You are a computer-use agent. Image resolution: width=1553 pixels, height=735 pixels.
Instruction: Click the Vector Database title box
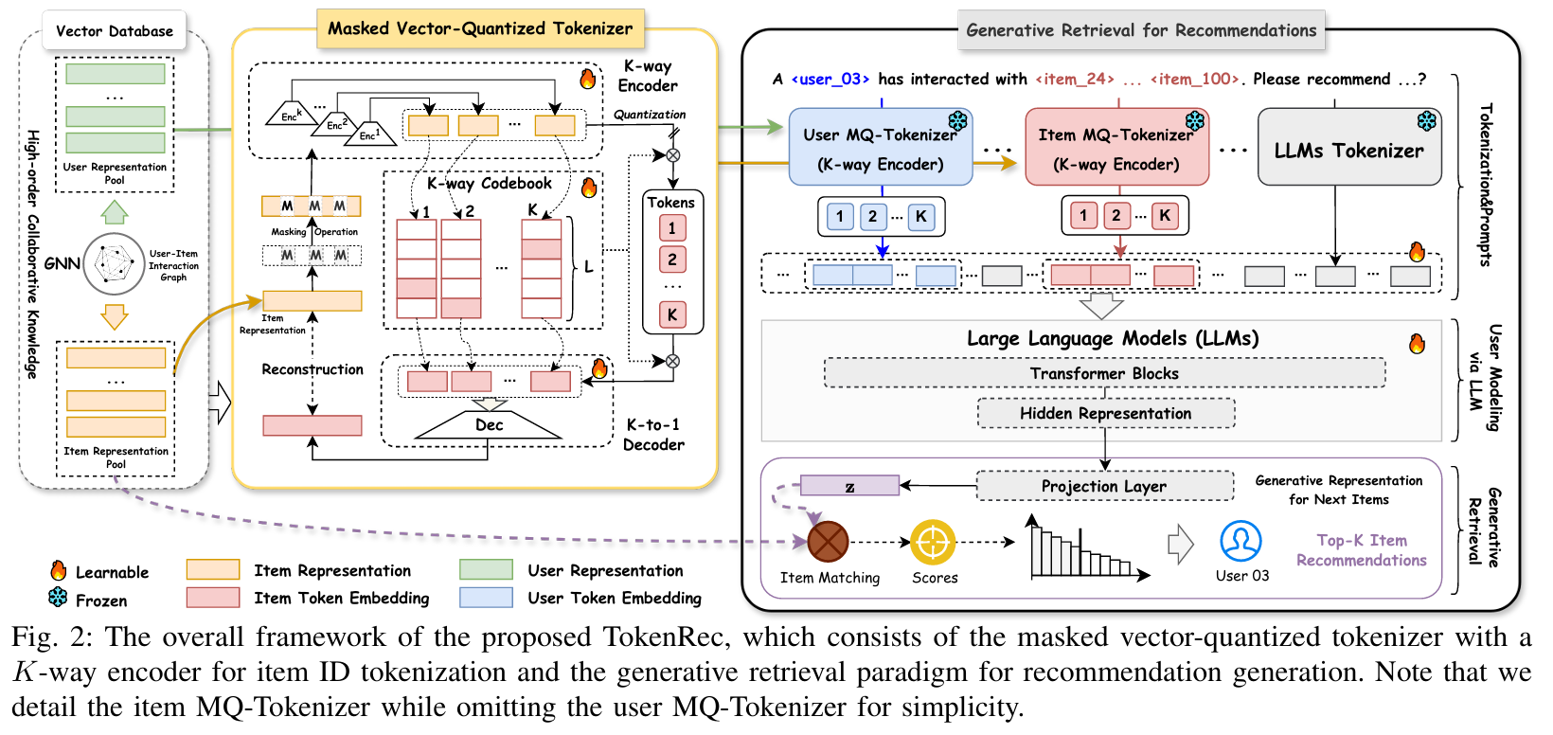[x=115, y=30]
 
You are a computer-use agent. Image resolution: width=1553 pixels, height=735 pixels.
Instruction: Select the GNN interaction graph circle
[x=115, y=264]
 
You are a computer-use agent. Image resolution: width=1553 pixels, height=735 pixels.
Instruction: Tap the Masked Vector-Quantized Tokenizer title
[x=480, y=28]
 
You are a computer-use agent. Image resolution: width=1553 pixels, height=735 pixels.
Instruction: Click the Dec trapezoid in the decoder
[x=490, y=425]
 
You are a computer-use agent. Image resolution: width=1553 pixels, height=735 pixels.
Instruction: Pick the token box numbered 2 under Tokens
[x=672, y=260]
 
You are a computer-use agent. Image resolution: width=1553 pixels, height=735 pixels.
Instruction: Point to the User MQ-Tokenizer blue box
[x=880, y=149]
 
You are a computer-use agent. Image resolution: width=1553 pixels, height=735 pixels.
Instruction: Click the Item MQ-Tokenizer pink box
[x=1116, y=149]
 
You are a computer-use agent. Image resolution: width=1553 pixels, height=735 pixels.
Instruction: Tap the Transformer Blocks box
[x=1104, y=373]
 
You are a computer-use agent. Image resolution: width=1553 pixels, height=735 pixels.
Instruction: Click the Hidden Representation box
[x=1105, y=413]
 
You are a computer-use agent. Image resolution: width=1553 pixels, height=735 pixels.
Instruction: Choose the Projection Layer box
[x=1104, y=486]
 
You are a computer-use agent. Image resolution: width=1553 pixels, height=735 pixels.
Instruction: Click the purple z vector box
[x=849, y=487]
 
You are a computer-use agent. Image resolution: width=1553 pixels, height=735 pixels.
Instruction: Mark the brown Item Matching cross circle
[x=828, y=542]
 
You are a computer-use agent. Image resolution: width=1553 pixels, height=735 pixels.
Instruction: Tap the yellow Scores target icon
[x=933, y=543]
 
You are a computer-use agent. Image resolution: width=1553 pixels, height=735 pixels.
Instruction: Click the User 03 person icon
[x=1241, y=542]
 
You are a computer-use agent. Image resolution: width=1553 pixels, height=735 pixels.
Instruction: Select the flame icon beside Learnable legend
[x=59, y=571]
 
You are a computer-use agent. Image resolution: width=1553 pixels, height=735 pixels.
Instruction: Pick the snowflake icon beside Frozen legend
[x=59, y=599]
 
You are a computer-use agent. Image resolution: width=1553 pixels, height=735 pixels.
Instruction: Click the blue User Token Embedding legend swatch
[x=486, y=598]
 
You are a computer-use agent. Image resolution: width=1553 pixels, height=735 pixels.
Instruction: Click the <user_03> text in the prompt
[x=830, y=80]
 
